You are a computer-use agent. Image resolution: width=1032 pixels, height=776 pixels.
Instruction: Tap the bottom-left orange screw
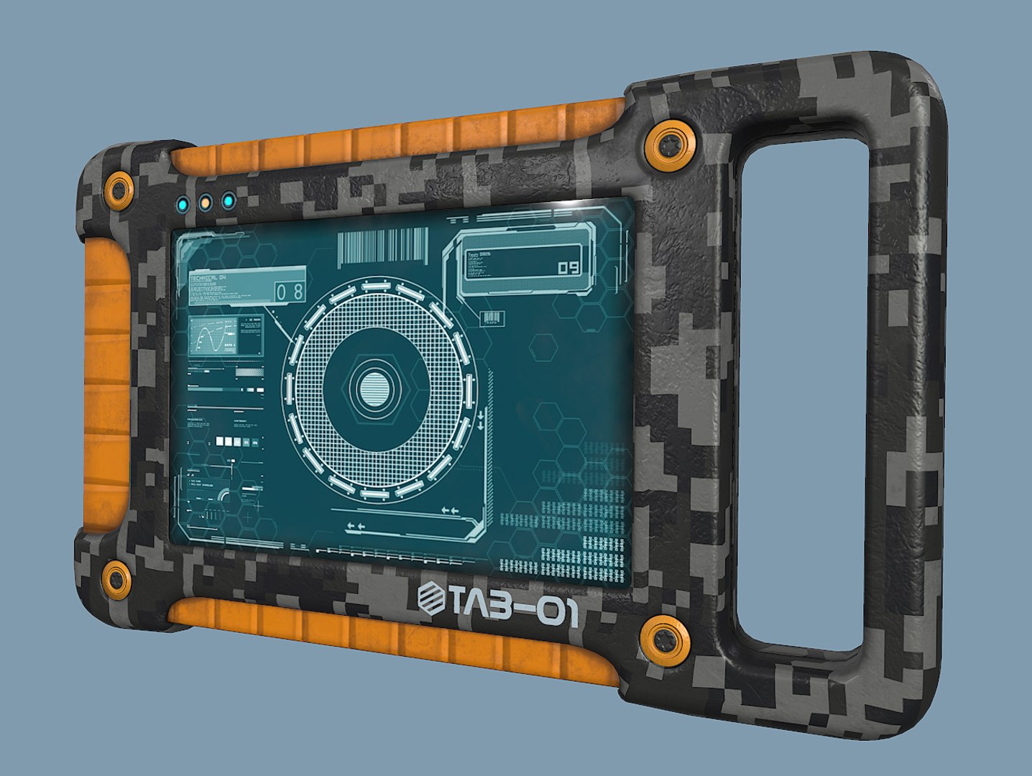click(115, 578)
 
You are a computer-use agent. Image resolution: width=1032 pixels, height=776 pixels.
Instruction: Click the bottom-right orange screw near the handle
click(664, 637)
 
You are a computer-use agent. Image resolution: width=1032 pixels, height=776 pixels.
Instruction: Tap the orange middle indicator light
click(205, 203)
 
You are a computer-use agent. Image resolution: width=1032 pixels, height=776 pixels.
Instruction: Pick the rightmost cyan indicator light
click(228, 201)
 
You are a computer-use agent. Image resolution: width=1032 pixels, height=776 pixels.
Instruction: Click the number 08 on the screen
click(290, 291)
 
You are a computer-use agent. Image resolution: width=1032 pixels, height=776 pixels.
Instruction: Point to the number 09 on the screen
click(568, 268)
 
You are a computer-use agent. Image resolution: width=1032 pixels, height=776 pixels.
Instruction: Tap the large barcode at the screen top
click(382, 246)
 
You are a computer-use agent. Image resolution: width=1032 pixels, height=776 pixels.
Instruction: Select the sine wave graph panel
click(213, 337)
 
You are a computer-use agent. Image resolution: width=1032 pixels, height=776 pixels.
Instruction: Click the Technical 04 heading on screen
click(208, 277)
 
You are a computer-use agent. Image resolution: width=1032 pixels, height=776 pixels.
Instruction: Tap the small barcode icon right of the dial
click(492, 318)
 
